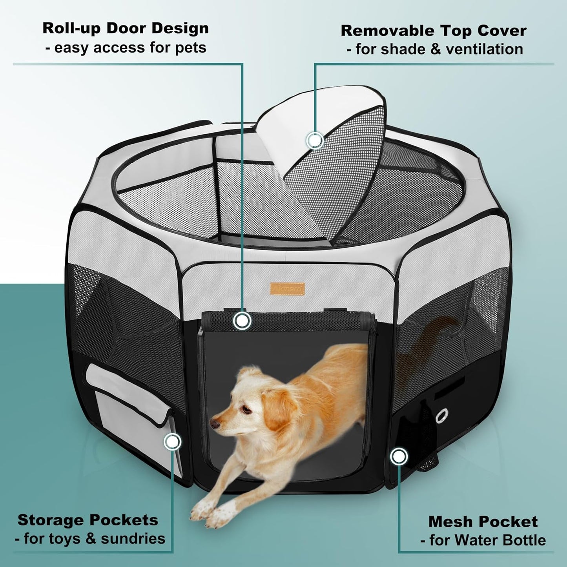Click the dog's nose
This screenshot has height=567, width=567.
pos(213,424)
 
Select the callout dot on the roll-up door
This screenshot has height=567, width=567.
pos(242,321)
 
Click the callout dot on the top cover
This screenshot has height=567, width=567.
pos(315,140)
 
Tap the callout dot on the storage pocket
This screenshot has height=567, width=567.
pos(172,442)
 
